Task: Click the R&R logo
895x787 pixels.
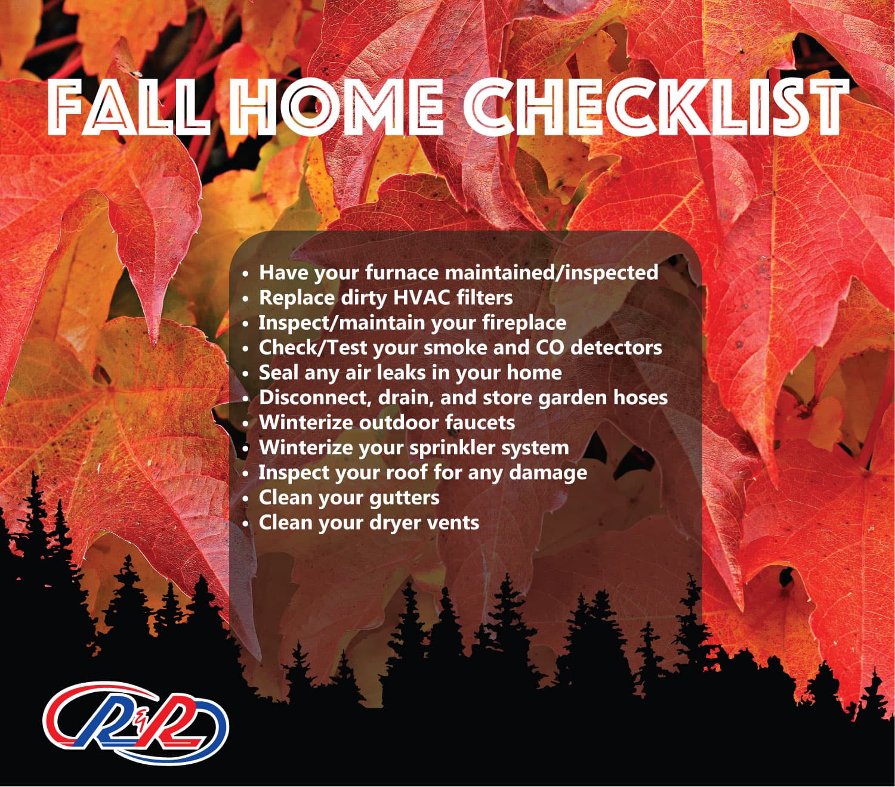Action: [x=135, y=723]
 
